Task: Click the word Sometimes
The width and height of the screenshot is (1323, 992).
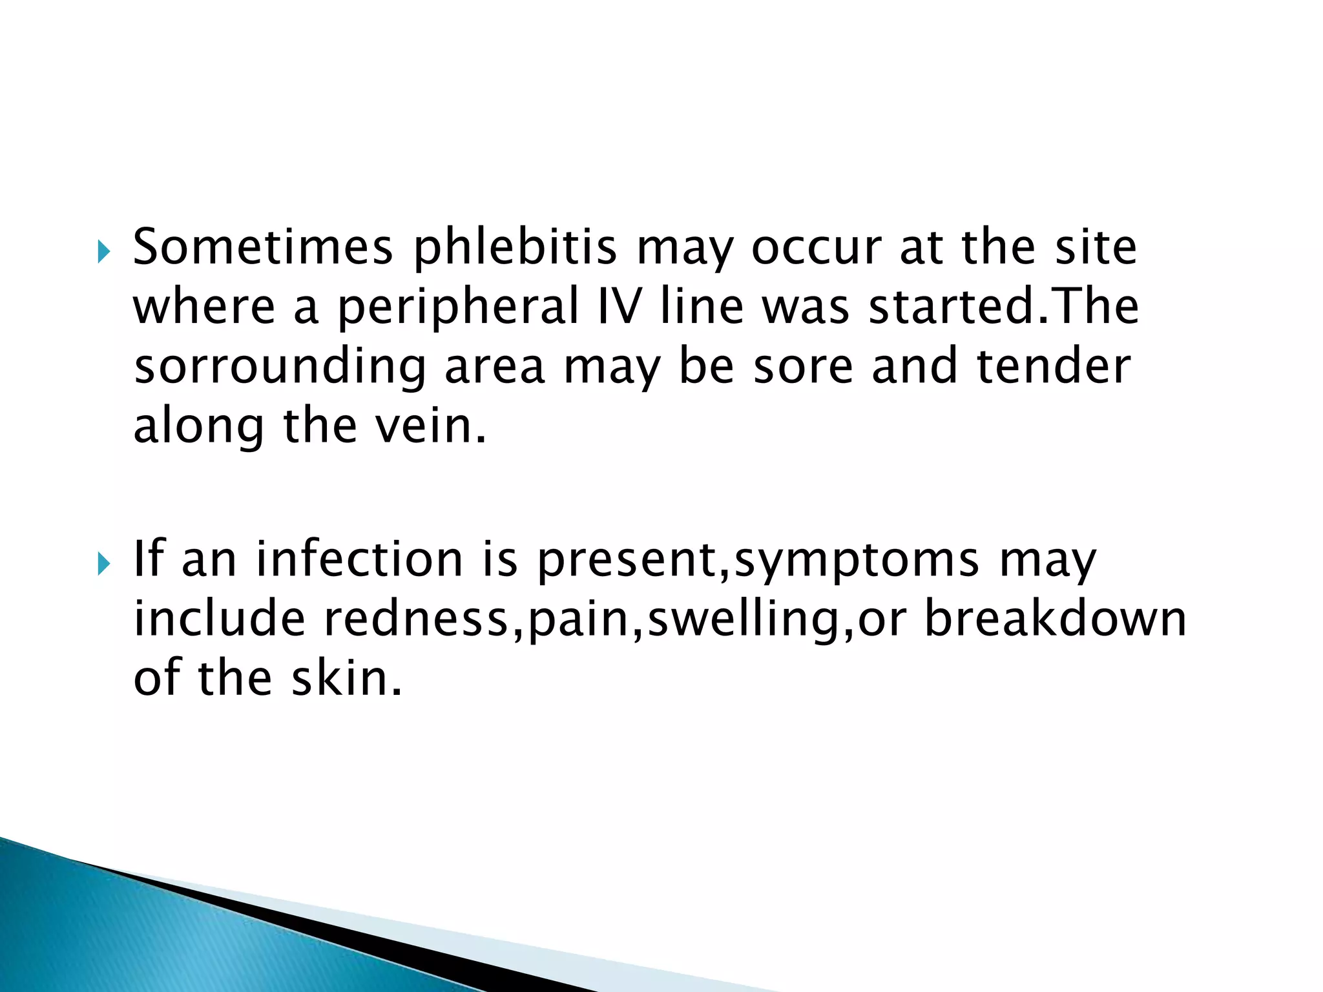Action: click(262, 247)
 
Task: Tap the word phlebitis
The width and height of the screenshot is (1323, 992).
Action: click(515, 249)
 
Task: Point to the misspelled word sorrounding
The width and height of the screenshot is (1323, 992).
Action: click(280, 367)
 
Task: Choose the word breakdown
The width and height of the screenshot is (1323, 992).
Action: click(1056, 618)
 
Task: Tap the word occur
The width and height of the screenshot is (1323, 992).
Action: click(816, 247)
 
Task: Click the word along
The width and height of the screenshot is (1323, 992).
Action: click(198, 428)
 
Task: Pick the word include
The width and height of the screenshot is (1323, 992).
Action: click(219, 618)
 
